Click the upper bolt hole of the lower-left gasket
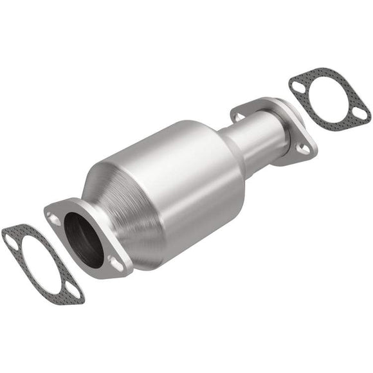(x=11, y=239)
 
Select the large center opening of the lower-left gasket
(x=40, y=262)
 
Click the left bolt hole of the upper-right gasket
(x=297, y=84)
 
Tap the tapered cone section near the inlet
(x=113, y=186)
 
